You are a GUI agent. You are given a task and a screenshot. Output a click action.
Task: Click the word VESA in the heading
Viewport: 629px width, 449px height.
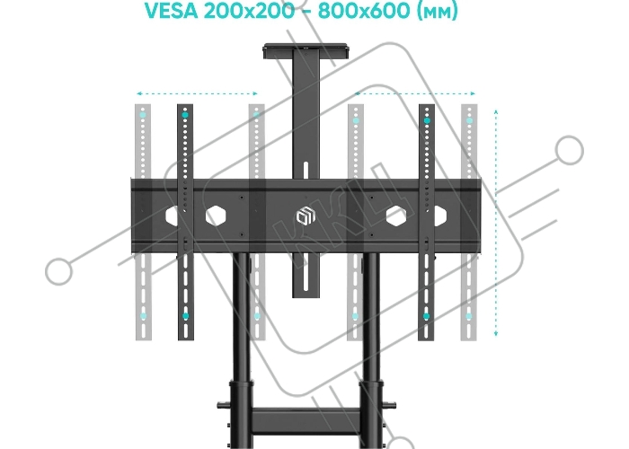(x=172, y=11)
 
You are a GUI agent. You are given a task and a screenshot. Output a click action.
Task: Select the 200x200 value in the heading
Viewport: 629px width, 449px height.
(x=249, y=11)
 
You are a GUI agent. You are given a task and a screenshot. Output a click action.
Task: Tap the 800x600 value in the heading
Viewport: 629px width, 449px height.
(x=365, y=11)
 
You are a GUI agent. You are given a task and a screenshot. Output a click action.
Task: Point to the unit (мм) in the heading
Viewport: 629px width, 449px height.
(x=438, y=11)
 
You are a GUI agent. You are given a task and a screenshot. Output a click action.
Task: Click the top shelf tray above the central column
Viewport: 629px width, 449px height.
(x=306, y=49)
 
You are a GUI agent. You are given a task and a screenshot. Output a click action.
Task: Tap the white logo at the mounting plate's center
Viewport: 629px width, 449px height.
(x=306, y=216)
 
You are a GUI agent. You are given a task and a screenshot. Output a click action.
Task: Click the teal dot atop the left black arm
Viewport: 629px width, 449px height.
(x=185, y=115)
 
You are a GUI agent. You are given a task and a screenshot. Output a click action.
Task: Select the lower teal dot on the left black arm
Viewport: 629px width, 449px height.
(x=185, y=316)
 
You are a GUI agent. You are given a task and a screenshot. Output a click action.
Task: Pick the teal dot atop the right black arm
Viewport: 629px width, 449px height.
(x=427, y=120)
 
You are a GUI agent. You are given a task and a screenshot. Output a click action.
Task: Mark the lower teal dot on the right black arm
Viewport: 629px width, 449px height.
(x=427, y=316)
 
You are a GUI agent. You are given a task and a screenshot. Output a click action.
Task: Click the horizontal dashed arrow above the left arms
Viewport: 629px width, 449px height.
(x=197, y=93)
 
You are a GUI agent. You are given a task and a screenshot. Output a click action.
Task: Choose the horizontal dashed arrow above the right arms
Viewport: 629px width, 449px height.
(x=415, y=93)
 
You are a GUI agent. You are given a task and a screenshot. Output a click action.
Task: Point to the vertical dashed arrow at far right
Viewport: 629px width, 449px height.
(x=496, y=223)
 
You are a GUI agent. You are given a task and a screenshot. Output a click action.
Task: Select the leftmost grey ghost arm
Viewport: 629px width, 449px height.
(x=143, y=222)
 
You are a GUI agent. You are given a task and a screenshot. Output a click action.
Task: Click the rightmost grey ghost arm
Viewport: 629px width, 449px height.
(x=469, y=222)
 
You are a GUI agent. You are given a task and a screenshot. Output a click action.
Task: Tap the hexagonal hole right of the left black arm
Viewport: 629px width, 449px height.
(x=216, y=216)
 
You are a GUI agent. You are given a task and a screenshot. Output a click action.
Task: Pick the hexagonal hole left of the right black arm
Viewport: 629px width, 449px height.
(x=396, y=216)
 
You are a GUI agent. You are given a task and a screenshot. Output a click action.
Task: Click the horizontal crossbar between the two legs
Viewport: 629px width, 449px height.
(x=306, y=421)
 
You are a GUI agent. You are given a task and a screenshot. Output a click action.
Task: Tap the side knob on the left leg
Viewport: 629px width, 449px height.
(x=223, y=405)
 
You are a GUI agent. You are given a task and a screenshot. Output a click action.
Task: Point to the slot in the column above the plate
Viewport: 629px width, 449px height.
(x=306, y=170)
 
